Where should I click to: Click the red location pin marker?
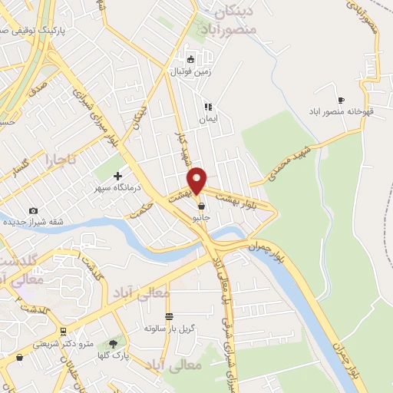[197, 180]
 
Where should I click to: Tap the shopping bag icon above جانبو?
[201, 206]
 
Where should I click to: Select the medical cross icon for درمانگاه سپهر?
[117, 176]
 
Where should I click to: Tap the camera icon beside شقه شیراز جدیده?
[33, 210]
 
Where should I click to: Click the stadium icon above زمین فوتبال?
[192, 59]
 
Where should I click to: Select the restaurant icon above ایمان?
[207, 107]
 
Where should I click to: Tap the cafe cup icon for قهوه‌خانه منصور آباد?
[342, 100]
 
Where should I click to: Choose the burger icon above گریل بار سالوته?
[169, 316]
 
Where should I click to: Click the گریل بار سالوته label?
[170, 329]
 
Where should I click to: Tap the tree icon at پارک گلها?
[114, 344]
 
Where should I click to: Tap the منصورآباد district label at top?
[230, 29]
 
